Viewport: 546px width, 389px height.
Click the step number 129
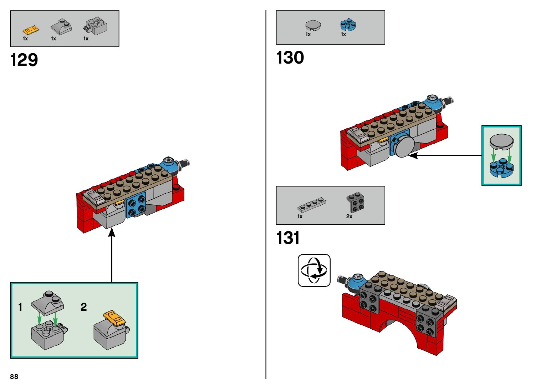click(x=24, y=60)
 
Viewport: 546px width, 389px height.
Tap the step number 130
click(x=290, y=58)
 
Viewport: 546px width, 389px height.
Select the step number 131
click(x=288, y=238)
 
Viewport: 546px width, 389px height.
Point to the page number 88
click(x=14, y=376)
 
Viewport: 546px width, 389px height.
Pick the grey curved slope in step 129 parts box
click(x=61, y=27)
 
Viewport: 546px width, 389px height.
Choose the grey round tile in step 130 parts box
click(x=313, y=25)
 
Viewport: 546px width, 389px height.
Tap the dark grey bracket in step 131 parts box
click(x=355, y=202)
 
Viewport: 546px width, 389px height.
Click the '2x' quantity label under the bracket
click(x=349, y=216)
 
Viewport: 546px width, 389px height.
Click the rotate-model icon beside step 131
click(x=314, y=270)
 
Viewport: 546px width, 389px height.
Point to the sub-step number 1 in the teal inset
click(x=20, y=307)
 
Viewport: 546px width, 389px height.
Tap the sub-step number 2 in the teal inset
click(x=83, y=307)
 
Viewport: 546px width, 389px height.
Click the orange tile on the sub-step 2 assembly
click(x=115, y=318)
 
